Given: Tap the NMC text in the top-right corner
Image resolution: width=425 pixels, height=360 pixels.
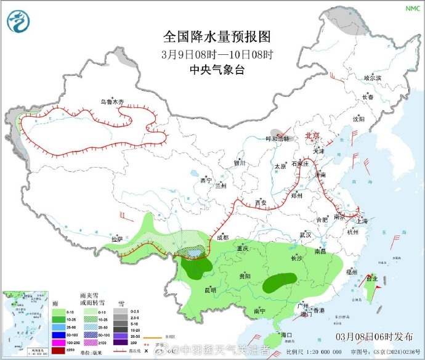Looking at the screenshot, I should [411, 8].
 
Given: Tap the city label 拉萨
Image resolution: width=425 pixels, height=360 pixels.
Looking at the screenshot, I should [118, 239].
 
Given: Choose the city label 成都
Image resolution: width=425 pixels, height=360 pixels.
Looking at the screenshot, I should [222, 237].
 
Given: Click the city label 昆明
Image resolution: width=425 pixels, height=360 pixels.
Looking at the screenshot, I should [210, 290].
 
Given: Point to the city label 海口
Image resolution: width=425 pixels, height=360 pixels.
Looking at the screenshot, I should [285, 333].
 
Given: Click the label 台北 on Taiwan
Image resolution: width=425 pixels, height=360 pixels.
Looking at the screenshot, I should [372, 279].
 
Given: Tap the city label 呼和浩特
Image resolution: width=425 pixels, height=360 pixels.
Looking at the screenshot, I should [277, 139].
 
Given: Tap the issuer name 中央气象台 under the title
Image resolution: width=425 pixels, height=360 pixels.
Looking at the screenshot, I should [217, 70].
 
